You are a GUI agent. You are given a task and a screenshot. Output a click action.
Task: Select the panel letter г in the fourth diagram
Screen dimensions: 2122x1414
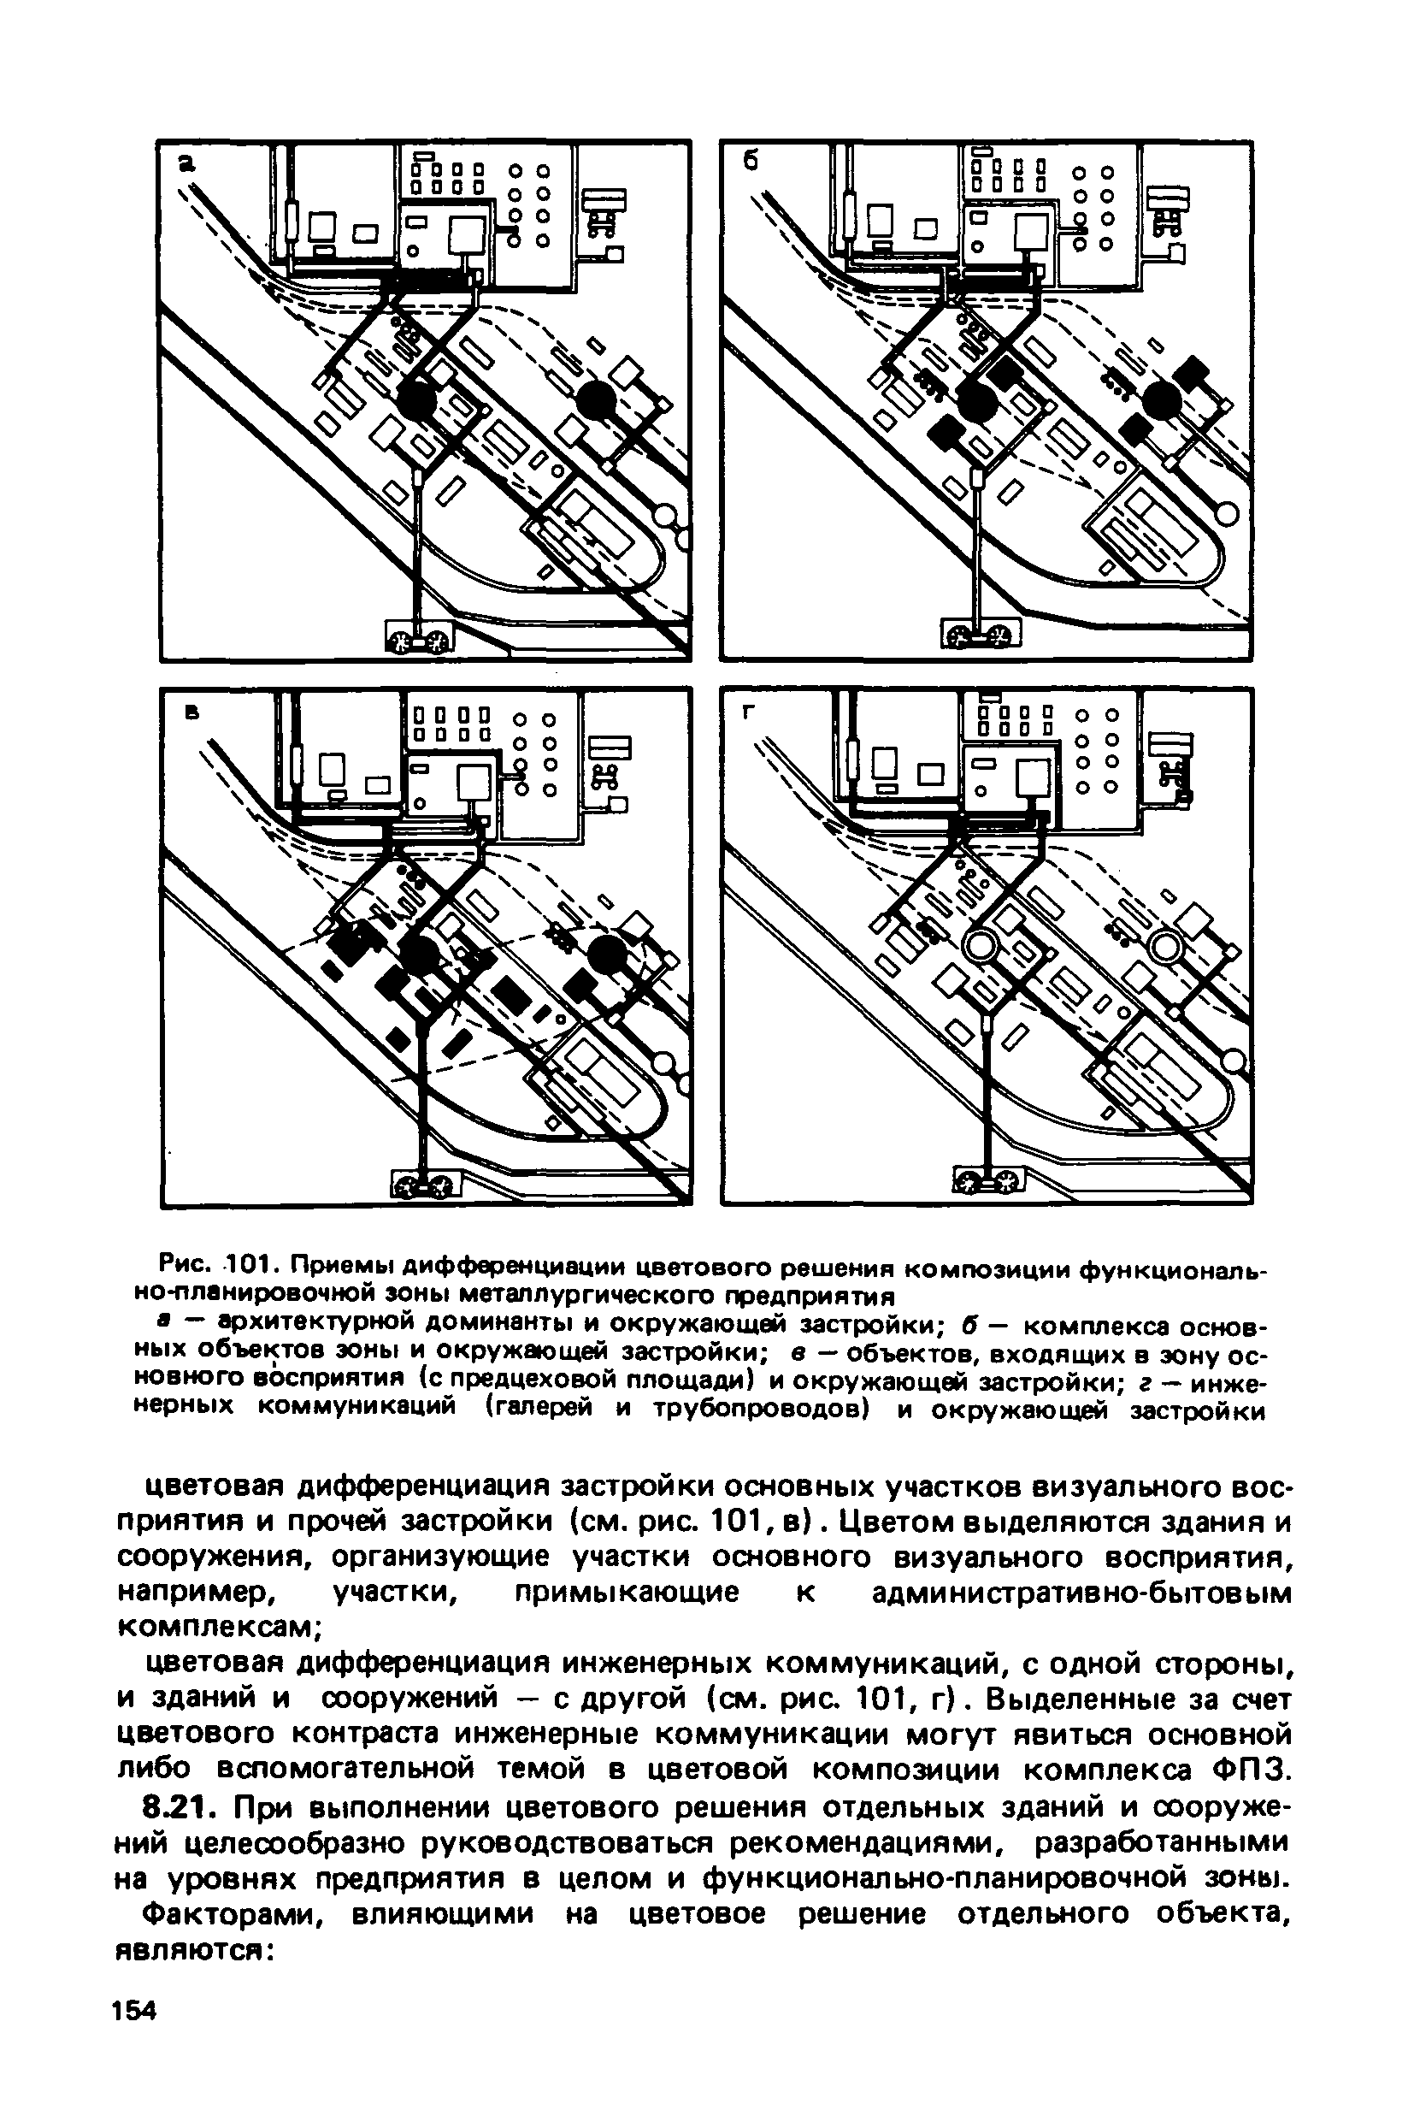746,712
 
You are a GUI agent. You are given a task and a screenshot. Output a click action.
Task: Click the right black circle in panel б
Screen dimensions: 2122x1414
1161,398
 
